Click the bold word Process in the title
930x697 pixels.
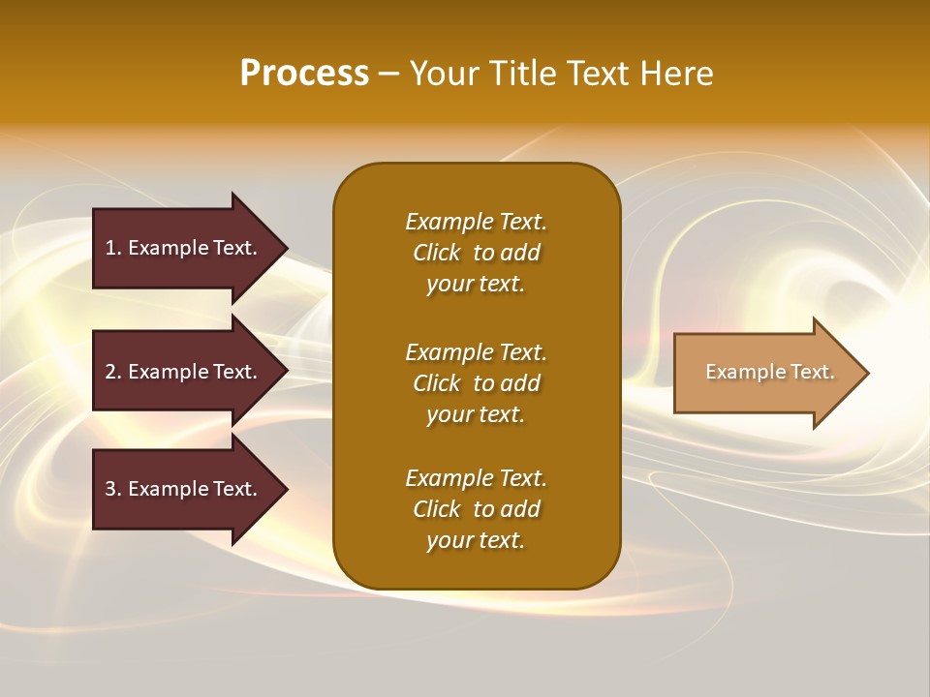pos(304,74)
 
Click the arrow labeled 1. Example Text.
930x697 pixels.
pos(184,248)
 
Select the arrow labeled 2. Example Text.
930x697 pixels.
pos(184,372)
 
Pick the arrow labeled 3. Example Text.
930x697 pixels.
pos(184,489)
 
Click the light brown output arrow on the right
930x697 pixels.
pos(765,373)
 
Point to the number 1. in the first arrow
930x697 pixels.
pos(113,248)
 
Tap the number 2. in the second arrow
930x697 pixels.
pos(113,372)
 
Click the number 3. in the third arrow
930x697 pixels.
pos(113,489)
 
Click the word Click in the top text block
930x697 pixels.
pos(437,253)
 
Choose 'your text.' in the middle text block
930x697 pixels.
pos(476,414)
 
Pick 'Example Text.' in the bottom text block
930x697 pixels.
pos(476,478)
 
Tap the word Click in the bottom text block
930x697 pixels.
pos(437,509)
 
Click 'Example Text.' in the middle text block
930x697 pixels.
pos(476,352)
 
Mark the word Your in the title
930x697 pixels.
pos(445,74)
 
